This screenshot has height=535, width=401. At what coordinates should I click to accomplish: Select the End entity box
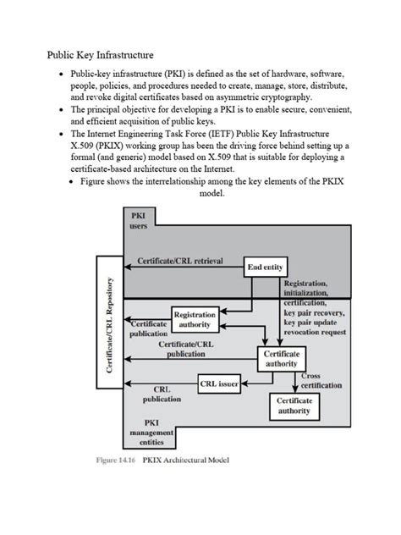click(x=265, y=267)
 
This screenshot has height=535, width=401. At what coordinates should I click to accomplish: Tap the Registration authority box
click(x=195, y=319)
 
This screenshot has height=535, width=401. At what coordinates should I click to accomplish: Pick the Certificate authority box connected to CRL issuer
click(x=281, y=358)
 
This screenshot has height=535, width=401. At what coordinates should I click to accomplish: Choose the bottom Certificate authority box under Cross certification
click(x=294, y=405)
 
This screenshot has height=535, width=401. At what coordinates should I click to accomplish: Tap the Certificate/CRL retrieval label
click(x=181, y=262)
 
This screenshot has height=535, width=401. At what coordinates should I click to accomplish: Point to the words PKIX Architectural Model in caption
click(x=190, y=461)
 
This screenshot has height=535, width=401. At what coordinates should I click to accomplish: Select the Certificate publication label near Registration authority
click(x=148, y=328)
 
